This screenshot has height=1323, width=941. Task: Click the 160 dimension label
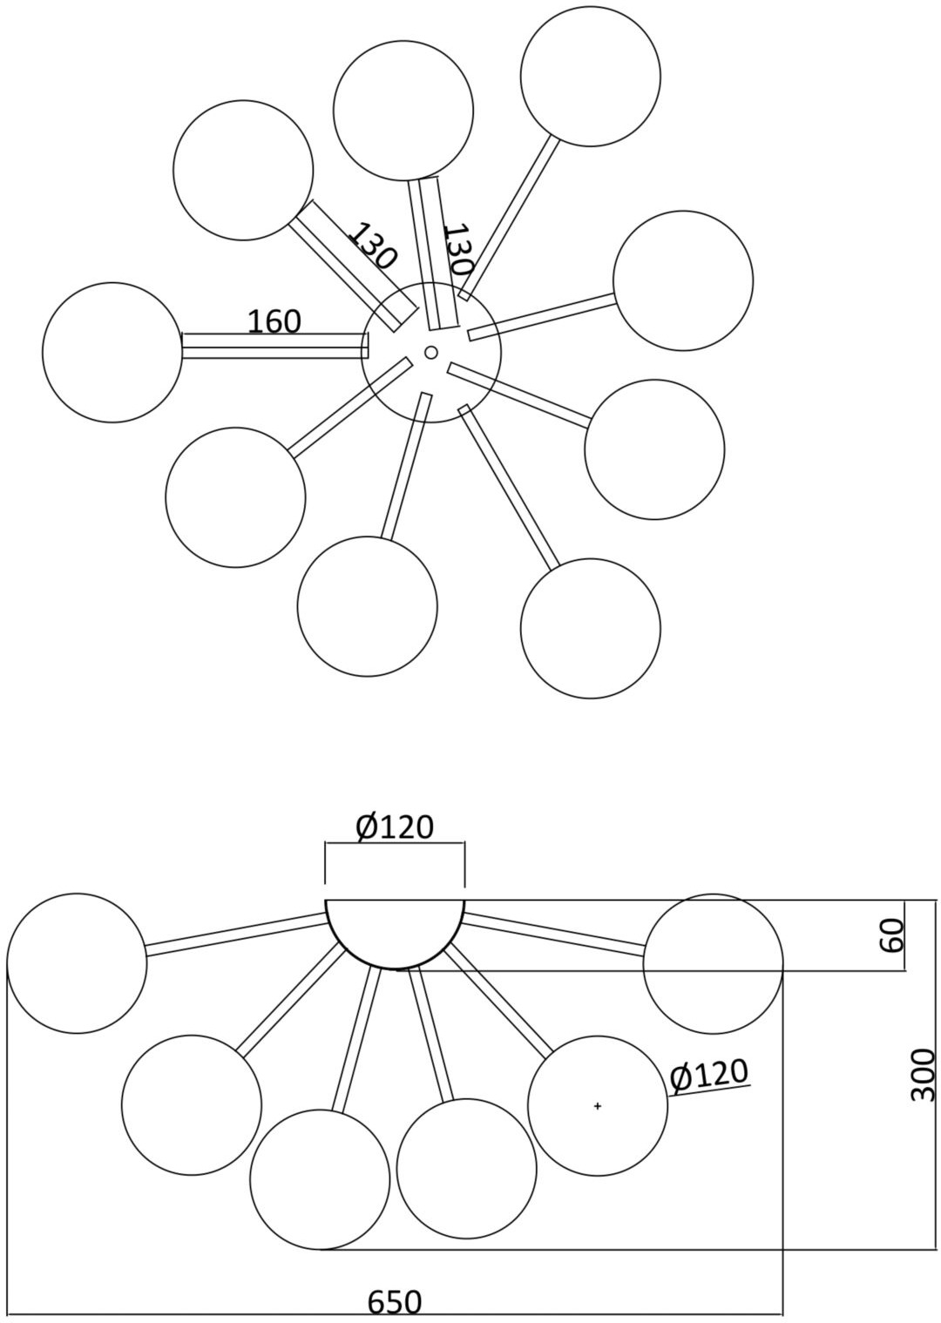click(274, 321)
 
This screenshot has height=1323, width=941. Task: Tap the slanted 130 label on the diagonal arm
click(372, 246)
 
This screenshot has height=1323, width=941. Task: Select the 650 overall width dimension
click(394, 1302)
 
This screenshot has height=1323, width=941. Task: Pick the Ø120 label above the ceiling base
click(395, 827)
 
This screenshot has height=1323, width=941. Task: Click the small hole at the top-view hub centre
click(430, 352)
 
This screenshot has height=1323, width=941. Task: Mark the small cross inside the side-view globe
click(598, 1106)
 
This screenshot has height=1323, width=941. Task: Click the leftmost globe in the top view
click(112, 352)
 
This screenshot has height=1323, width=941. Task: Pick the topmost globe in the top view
click(591, 76)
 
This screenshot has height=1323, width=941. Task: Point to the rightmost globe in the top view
click(683, 280)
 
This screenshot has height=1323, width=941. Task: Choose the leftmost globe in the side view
click(77, 963)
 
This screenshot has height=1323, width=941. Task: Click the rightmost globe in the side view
click(713, 963)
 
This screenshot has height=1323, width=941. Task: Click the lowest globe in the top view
click(591, 628)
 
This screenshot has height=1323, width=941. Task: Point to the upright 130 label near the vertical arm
click(457, 249)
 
